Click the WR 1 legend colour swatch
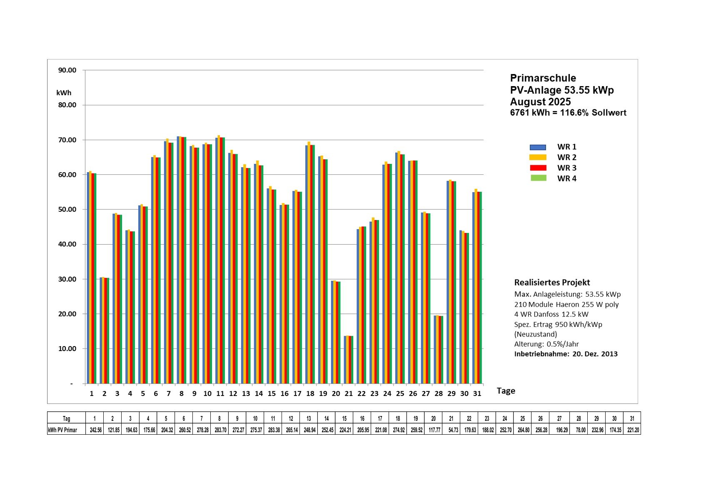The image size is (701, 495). point(537,147)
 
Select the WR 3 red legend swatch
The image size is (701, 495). point(537,168)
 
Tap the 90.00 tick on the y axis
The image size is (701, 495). point(67,70)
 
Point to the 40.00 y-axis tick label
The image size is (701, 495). point(67,244)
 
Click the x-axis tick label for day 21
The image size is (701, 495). point(349,394)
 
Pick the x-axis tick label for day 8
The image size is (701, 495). point(181,394)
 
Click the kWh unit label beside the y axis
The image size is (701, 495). point(64,93)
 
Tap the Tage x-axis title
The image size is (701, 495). point(506,391)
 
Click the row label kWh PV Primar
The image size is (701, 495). point(62,430)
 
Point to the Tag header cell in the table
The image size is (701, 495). point(66,418)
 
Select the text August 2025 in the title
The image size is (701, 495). point(540,102)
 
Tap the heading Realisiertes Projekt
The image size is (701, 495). point(552,282)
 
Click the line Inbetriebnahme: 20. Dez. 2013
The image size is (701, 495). point(566,354)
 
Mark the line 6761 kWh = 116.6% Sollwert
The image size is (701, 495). point(568,113)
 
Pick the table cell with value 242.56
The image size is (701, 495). point(96,430)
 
